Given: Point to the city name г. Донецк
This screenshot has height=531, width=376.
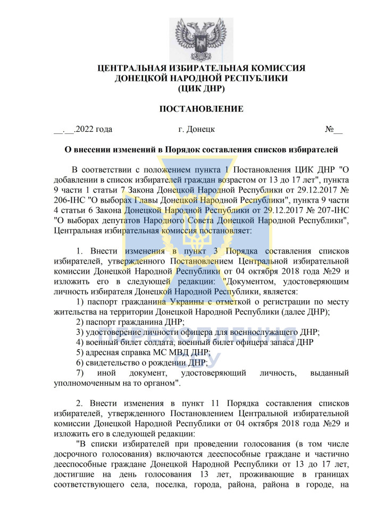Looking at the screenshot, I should [197, 129].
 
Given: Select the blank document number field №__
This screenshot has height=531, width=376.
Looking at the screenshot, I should [333, 129].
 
